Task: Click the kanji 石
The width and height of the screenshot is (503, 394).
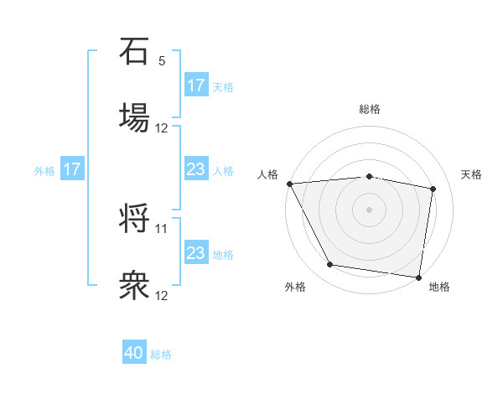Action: [134, 52]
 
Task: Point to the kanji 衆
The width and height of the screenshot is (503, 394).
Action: [134, 285]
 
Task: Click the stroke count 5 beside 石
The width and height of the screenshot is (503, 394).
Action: [162, 61]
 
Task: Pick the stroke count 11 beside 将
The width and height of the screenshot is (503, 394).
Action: [162, 228]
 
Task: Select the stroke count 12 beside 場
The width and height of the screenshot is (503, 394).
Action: [162, 128]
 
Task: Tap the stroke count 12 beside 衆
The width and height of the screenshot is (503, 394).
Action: [162, 295]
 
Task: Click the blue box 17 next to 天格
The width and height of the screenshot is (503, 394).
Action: [196, 86]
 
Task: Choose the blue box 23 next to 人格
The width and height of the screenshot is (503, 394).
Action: [196, 169]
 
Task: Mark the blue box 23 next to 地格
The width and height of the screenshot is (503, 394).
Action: [196, 253]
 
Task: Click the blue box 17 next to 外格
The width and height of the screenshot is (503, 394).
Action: [72, 169]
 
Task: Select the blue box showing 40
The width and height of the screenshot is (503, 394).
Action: [134, 354]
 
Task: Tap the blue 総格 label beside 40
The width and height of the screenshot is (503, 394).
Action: [162, 355]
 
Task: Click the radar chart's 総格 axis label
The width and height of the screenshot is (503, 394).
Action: [370, 109]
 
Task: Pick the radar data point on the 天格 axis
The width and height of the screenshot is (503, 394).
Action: [433, 189]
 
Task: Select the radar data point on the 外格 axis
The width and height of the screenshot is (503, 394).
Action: [330, 265]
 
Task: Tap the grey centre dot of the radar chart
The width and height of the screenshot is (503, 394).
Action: [370, 209]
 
